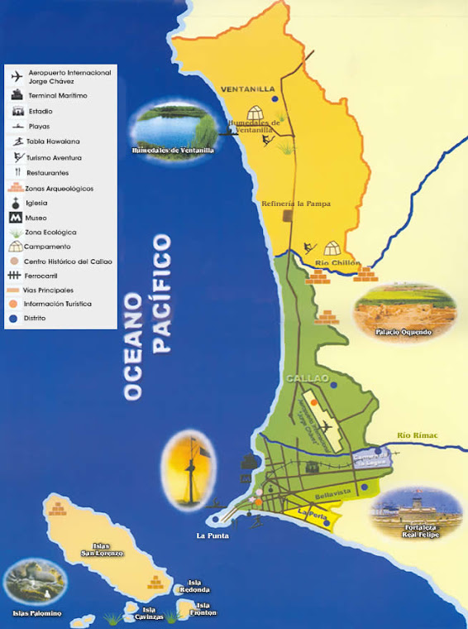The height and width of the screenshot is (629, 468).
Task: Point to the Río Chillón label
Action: click(x=338, y=263)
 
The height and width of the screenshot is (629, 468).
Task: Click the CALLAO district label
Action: click(x=303, y=379)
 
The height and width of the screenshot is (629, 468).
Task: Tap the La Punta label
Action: click(x=212, y=535)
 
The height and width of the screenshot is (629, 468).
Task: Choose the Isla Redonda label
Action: click(x=196, y=586)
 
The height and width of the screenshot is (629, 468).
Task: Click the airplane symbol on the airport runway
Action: click(x=325, y=426)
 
